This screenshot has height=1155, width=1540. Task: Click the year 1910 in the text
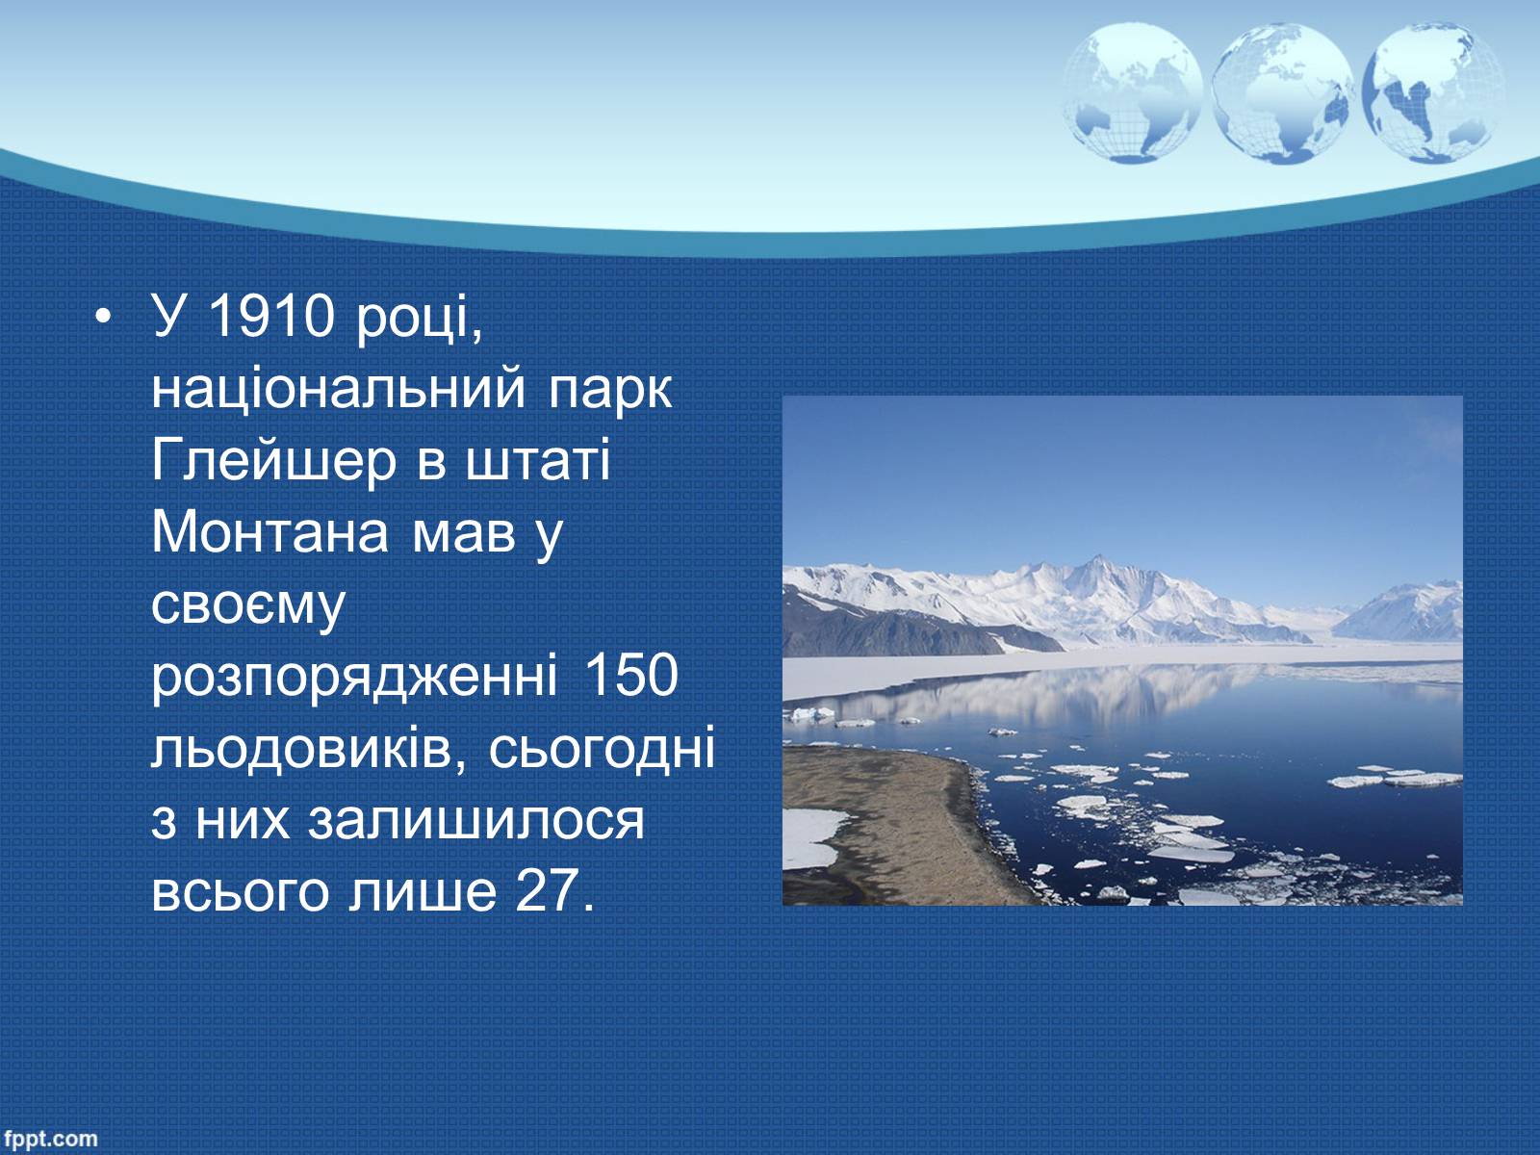(x=271, y=316)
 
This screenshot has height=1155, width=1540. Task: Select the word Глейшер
(x=274, y=462)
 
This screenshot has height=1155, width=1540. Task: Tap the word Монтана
(x=270, y=532)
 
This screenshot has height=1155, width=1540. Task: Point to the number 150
(x=630, y=676)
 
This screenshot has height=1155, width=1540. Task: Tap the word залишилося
(x=475, y=822)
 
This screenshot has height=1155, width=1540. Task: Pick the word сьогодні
(x=602, y=750)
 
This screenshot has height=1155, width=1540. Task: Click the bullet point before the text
(x=103, y=317)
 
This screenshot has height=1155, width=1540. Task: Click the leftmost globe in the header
(x=1132, y=93)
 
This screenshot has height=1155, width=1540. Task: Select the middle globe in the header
(x=1282, y=93)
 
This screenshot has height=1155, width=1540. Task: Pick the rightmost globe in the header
(x=1432, y=93)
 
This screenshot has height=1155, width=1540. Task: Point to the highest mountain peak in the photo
(x=1097, y=557)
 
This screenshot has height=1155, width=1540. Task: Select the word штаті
(x=537, y=460)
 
